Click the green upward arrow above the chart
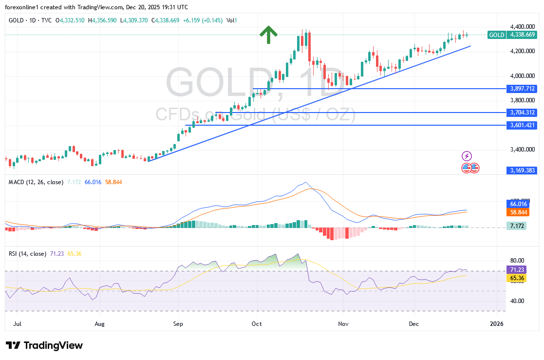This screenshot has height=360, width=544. [x=268, y=35]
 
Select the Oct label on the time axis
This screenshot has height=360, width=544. [x=257, y=323]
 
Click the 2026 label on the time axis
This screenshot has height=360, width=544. [x=496, y=323]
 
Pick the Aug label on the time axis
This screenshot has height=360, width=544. [x=99, y=323]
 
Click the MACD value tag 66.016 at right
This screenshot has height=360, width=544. [x=517, y=205]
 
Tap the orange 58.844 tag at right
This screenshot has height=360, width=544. [x=517, y=212]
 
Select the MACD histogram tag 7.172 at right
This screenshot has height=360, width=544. [x=516, y=226]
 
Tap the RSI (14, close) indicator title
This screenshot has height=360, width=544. [x=28, y=254]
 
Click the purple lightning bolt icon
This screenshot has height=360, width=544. [x=467, y=156]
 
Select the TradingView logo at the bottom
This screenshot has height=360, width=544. [x=44, y=345]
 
